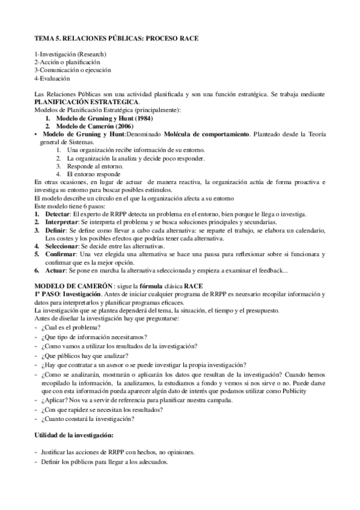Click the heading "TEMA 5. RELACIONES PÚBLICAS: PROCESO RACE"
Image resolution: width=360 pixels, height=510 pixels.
(x=117, y=38)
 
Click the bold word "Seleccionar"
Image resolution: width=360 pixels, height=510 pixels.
(x=62, y=245)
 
